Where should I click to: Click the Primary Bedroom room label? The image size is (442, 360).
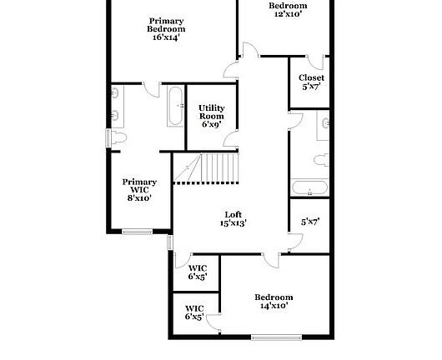(x=167, y=25)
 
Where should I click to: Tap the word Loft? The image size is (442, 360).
(x=233, y=214)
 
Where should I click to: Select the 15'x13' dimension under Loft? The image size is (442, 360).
(x=233, y=223)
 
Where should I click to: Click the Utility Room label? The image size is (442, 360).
(x=211, y=112)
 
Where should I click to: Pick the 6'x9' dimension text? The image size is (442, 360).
(x=211, y=124)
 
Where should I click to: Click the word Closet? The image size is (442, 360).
(x=311, y=77)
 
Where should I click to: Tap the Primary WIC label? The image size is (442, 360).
(x=139, y=186)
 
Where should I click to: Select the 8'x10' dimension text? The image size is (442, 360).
(x=139, y=198)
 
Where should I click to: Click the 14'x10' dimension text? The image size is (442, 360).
(x=274, y=307)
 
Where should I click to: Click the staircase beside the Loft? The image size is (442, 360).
(x=206, y=169)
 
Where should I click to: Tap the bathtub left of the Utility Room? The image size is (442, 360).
(x=174, y=106)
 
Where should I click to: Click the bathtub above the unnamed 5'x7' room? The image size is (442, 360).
(x=310, y=188)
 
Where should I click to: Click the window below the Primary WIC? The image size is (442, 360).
(x=137, y=231)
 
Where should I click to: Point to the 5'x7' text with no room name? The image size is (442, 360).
(x=310, y=222)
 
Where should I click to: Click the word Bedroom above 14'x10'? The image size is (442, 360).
(x=274, y=297)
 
